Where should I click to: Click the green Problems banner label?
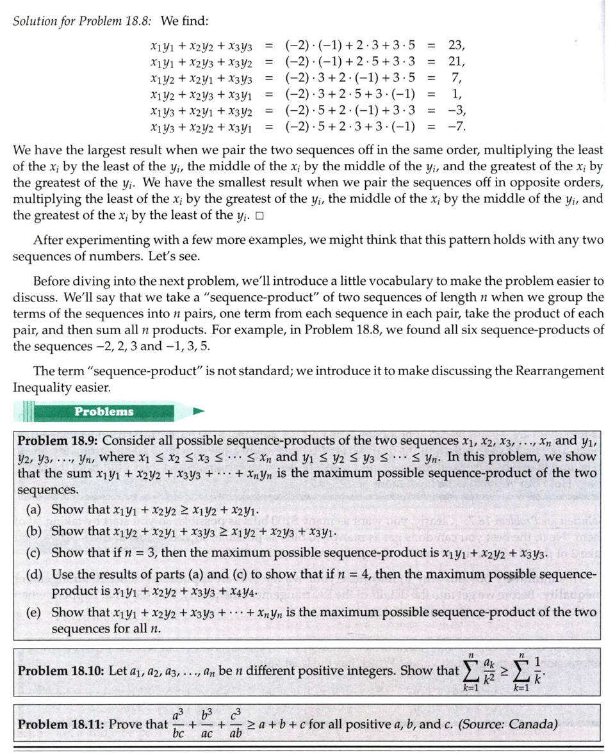(x=104, y=412)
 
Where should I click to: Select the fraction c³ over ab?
(x=236, y=724)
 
